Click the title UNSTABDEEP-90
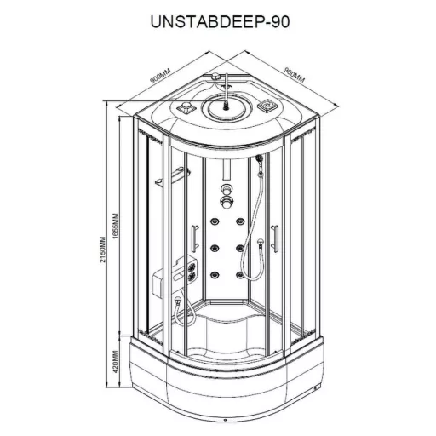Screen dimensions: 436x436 click(220, 21)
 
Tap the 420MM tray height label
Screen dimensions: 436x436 click(115, 363)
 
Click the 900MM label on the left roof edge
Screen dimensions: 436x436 click(160, 76)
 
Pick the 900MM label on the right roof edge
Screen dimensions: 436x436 click(295, 75)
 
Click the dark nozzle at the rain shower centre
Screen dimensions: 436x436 click(227, 106)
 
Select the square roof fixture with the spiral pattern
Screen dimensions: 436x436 click(266, 106)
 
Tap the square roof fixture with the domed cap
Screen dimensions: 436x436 click(186, 107)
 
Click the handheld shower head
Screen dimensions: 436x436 click(259, 158)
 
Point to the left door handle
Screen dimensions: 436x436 click(195, 238)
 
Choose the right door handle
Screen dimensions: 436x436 click(274, 238)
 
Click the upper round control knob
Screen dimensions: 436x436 click(227, 188)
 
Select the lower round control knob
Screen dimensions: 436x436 click(227, 202)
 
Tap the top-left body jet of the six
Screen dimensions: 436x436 click(215, 221)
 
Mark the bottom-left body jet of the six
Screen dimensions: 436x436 click(215, 274)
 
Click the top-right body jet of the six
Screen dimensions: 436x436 click(240, 221)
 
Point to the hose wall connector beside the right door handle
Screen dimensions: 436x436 click(260, 243)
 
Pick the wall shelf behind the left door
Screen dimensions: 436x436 click(173, 176)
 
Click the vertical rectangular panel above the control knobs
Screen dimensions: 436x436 click(227, 169)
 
